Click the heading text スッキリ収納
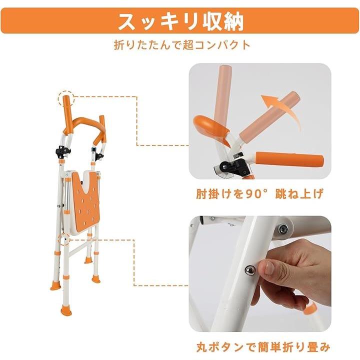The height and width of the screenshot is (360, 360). point(180,21)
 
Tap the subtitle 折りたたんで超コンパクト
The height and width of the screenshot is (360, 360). point(182,45)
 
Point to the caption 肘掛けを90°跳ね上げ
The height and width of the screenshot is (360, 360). point(259,193)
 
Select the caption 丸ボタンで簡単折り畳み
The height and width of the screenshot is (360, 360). point(263,347)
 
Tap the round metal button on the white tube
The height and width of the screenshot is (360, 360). point(250,270)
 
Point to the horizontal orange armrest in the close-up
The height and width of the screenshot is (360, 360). point(289,158)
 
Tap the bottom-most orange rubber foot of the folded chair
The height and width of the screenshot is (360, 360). point(66,311)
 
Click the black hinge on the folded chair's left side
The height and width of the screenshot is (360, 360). point(62,151)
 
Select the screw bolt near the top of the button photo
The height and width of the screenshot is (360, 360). point(283,228)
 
